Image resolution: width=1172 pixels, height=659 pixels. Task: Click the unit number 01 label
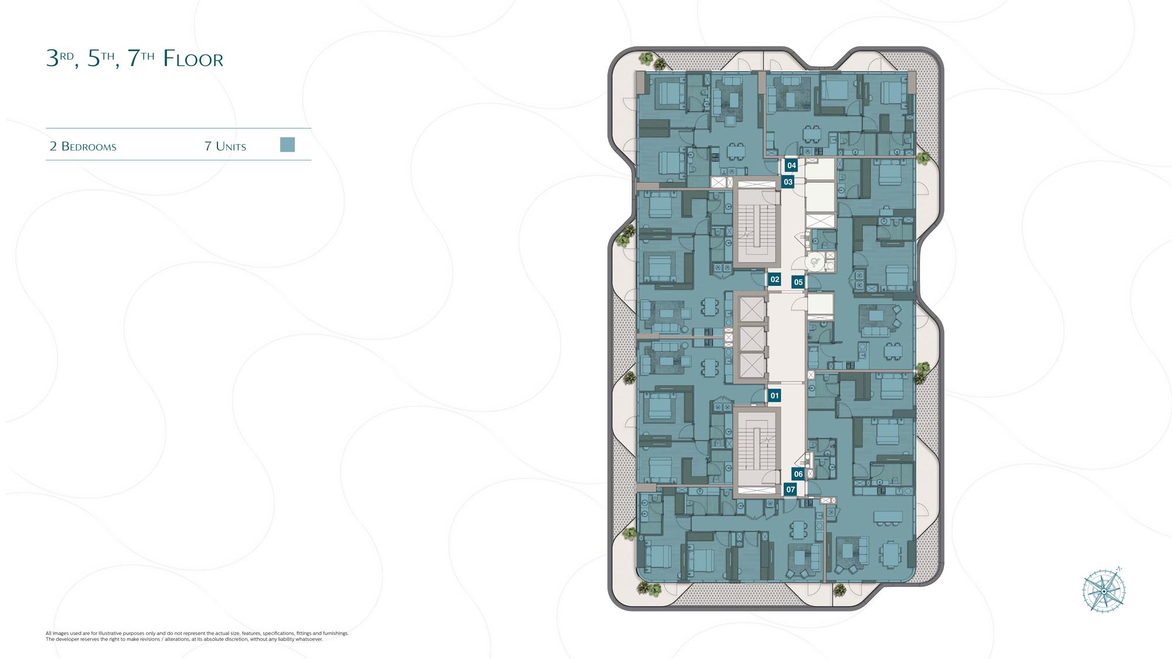pyautogui.click(x=774, y=395)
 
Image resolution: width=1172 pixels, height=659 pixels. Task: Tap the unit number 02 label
pyautogui.click(x=775, y=279)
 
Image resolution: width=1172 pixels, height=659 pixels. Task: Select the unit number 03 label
pyautogui.click(x=788, y=182)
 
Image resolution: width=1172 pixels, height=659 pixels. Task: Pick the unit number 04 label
pyautogui.click(x=791, y=165)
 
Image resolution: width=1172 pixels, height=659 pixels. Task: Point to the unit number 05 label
pyautogui.click(x=798, y=282)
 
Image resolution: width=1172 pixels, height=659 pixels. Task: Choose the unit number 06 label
pyautogui.click(x=798, y=474)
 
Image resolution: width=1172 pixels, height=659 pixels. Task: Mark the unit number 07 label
pyautogui.click(x=791, y=489)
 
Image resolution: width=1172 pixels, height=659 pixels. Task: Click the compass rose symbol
pyautogui.click(x=1104, y=590)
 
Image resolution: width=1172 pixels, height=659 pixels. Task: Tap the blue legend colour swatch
pyautogui.click(x=287, y=145)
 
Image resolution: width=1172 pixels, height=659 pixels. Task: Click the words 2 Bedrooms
pyautogui.click(x=83, y=146)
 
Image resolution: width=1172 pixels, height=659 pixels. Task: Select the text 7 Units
pyautogui.click(x=225, y=146)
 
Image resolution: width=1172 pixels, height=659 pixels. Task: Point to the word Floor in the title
pyautogui.click(x=193, y=59)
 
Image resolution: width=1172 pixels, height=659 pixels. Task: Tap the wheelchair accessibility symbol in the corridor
pyautogui.click(x=815, y=262)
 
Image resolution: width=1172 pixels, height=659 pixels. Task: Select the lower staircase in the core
pyautogui.click(x=757, y=448)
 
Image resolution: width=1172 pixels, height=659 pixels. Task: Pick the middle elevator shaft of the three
pyautogui.click(x=752, y=338)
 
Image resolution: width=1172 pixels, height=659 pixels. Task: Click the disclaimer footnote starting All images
pyautogui.click(x=197, y=636)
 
